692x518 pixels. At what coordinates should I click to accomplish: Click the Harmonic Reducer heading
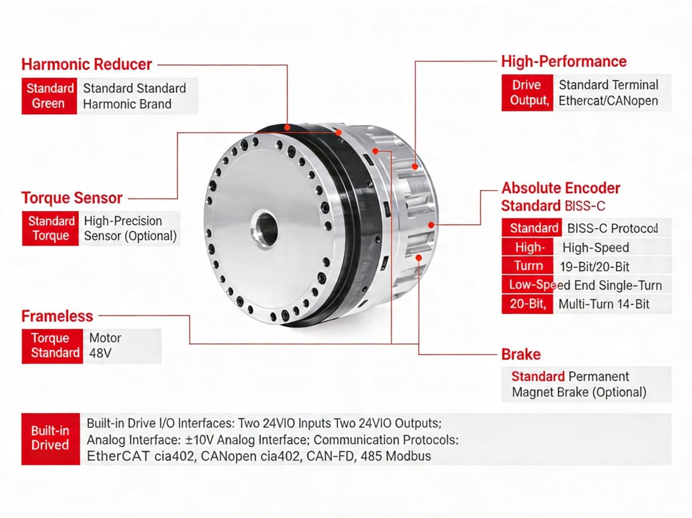(86, 64)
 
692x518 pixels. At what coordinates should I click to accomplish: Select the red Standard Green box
(49, 96)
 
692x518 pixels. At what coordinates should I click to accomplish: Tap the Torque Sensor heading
(72, 198)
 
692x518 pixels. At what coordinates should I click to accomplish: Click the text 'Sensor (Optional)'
(130, 236)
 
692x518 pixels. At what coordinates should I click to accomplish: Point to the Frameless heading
(57, 316)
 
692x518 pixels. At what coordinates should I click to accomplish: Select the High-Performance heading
(563, 61)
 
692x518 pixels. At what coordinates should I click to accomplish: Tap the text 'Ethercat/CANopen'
(608, 101)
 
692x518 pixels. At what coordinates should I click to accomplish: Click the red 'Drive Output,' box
(527, 93)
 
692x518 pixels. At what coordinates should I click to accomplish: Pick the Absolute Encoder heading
(561, 188)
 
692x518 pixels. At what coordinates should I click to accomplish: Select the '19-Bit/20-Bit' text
(595, 266)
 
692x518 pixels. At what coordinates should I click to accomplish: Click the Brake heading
(521, 354)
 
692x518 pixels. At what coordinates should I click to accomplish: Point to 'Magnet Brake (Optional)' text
(579, 392)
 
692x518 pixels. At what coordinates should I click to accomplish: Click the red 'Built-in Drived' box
(50, 438)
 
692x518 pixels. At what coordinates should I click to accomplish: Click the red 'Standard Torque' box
(51, 228)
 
